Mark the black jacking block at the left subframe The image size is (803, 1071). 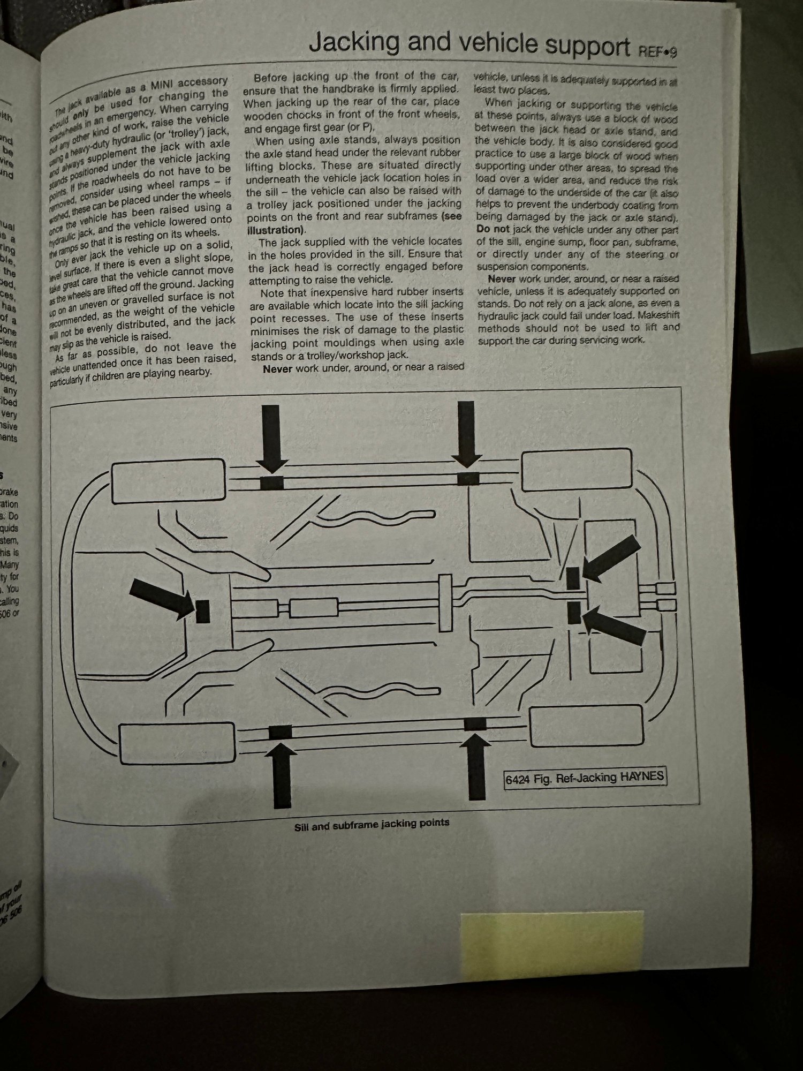(203, 611)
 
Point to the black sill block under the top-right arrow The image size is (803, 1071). (468, 478)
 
